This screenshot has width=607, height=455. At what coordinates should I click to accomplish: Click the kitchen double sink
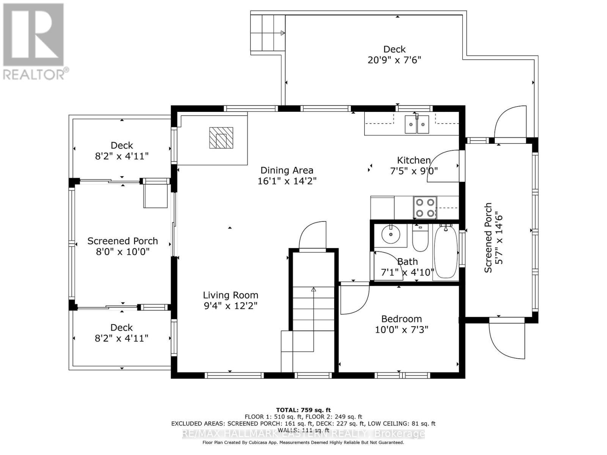[x=417, y=124]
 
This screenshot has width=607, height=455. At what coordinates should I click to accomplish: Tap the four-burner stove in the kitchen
[x=425, y=207]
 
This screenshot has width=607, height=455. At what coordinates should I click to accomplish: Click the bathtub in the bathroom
[x=446, y=252]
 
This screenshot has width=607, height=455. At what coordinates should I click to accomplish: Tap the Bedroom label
[x=401, y=319]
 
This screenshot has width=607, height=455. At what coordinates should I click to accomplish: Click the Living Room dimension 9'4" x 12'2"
[x=230, y=306]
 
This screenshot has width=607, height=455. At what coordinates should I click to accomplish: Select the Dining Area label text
[x=286, y=170]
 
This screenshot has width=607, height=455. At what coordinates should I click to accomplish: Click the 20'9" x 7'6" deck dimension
[x=394, y=60]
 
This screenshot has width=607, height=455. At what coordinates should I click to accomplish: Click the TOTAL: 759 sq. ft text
[x=303, y=410]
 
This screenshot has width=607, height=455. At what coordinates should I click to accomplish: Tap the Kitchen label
[x=414, y=160]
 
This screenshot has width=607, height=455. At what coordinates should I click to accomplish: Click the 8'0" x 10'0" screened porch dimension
[x=123, y=251]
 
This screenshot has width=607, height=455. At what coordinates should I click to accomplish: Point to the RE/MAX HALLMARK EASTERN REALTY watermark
[x=303, y=434]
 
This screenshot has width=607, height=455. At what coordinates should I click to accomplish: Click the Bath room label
[x=407, y=262]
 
